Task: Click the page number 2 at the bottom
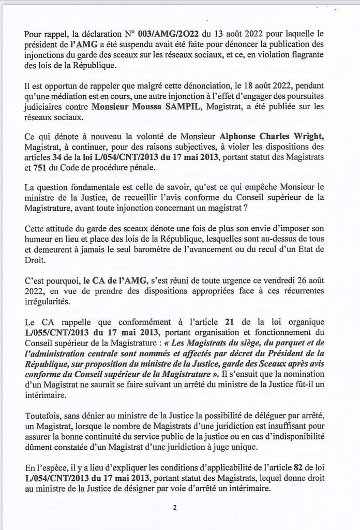click(x=175, y=507)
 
